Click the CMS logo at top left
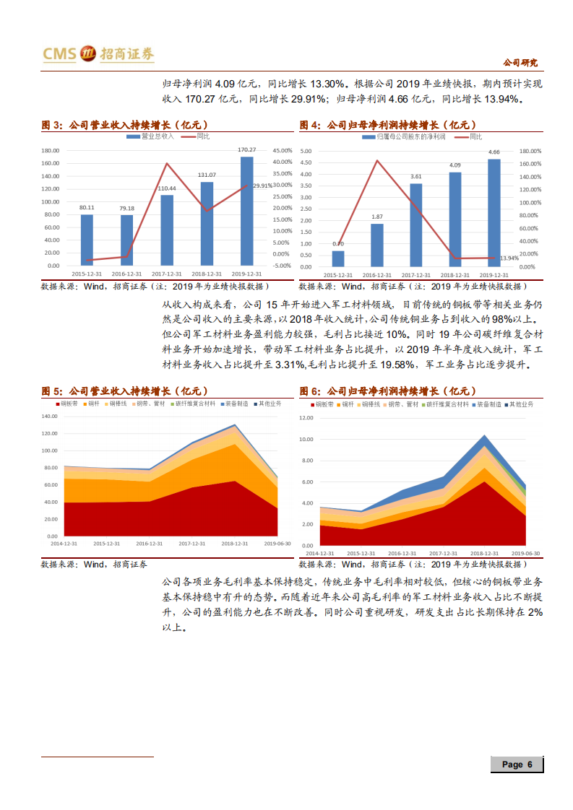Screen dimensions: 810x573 pyautogui.click(x=98, y=53)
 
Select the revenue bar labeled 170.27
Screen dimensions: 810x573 pyautogui.click(x=247, y=211)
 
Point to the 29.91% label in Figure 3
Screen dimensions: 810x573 pyautogui.click(x=262, y=186)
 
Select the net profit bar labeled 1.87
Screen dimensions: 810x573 pyautogui.click(x=376, y=245)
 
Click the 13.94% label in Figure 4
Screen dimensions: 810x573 pyautogui.click(x=509, y=258)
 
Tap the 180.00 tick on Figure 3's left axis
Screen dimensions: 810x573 pyautogui.click(x=50, y=151)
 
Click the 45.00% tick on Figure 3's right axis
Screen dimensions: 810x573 pyautogui.click(x=283, y=151)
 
